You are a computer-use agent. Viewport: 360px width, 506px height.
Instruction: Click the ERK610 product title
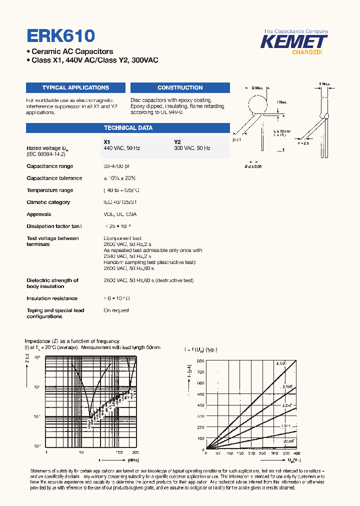60,35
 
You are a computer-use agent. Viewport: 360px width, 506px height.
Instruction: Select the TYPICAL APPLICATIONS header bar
75,87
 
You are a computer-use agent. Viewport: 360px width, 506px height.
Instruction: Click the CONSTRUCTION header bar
180,87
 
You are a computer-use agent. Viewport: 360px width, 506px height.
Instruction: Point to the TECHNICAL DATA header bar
128,127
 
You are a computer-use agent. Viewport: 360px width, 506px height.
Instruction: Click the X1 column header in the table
106,142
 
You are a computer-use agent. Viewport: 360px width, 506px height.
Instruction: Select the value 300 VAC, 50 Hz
192,148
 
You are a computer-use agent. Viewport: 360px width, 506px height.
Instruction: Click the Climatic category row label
48,202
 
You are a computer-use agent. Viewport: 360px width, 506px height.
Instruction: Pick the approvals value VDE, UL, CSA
120,214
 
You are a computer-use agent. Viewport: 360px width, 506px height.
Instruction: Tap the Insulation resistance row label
52,298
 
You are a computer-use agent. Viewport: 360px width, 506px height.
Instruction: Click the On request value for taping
116,310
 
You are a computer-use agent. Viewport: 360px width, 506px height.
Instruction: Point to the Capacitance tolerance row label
54,178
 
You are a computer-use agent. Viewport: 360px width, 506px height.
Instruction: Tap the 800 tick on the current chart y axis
200,360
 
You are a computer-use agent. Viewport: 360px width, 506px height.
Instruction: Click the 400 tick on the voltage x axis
296,453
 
